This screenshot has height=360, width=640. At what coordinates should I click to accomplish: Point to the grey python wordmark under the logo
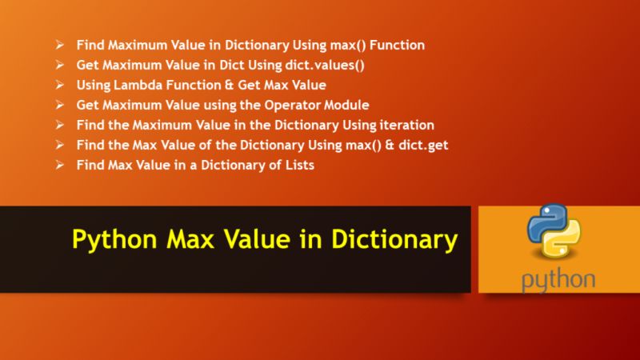point(558,280)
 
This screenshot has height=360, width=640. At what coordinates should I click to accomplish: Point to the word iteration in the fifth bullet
point(404,125)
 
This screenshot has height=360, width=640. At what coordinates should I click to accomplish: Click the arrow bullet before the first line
point(61,44)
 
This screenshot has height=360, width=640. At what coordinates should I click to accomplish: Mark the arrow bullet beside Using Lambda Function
point(61,84)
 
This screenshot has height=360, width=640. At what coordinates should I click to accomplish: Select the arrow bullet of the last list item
point(61,165)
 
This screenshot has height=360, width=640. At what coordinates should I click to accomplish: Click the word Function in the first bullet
point(397,44)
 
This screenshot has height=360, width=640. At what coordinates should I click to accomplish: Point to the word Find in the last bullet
point(90,165)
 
